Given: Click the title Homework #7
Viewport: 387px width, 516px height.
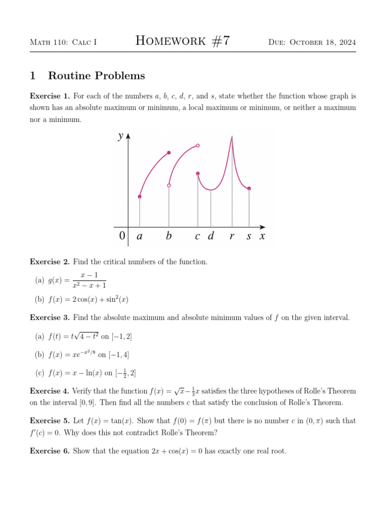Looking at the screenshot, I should pos(183,41).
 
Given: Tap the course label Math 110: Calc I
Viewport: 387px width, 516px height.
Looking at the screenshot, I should pos(63,42).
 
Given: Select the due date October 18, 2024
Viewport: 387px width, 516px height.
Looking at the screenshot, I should pos(312,42).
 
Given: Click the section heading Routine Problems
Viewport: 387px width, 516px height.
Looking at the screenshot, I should pos(96,76).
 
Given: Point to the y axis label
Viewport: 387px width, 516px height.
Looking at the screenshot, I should pos(120,136).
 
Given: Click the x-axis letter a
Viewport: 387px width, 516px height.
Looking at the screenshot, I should pos(139,236).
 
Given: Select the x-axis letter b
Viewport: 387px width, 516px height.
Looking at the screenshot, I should pos(169,236).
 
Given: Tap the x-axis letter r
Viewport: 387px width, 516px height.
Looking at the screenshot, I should pos(232,236).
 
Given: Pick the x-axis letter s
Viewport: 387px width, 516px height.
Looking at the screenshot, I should pos(249,236).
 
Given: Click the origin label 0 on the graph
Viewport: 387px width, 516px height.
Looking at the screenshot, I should pos(122,236).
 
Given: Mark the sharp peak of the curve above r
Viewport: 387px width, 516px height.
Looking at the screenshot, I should pos(232,137).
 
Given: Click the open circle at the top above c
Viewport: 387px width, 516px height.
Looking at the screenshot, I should pos(198,146).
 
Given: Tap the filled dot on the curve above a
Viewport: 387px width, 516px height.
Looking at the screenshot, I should pos(140,197).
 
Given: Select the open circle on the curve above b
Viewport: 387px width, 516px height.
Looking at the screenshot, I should pos(169,185).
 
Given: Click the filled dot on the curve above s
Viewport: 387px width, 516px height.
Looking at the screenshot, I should pos(249,188).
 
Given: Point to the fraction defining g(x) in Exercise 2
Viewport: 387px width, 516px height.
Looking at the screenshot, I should pos(89,280).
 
